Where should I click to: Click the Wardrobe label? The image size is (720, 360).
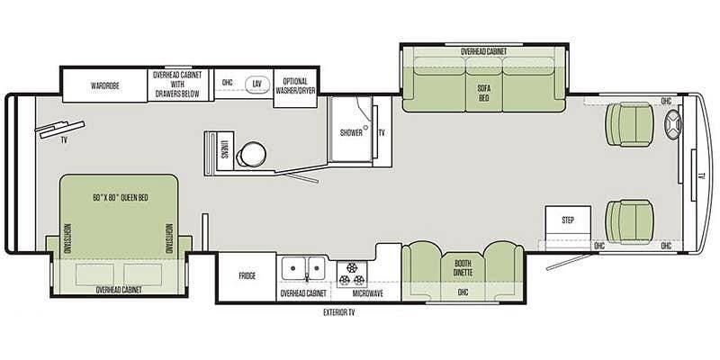(105, 85)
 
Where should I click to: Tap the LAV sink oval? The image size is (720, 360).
(257, 84)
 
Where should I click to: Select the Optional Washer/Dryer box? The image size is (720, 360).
(296, 88)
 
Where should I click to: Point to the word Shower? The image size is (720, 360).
(351, 133)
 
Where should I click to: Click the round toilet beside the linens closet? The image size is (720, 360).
(251, 153)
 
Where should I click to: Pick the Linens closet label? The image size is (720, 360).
(224, 149)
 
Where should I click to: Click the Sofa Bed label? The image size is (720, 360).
(483, 94)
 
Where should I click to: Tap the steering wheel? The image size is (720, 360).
(673, 124)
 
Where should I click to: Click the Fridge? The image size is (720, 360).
(247, 276)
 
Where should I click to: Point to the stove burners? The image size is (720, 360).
(351, 274)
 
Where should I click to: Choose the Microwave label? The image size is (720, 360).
(367, 293)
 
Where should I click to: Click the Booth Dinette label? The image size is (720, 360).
(463, 268)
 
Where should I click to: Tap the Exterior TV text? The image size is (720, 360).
(339, 313)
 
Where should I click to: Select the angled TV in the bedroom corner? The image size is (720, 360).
(60, 129)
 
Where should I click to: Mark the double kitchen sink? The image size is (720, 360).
(303, 267)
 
